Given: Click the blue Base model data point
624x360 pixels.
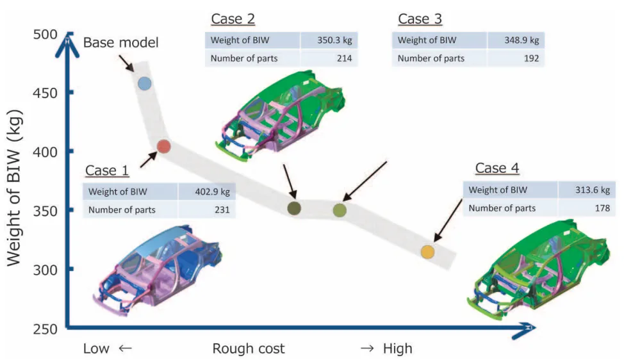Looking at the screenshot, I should (x=145, y=83).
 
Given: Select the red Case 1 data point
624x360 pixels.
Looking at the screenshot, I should (x=163, y=147).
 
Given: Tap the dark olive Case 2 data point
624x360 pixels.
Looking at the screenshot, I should (x=294, y=208).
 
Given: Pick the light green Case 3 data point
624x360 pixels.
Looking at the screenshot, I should (x=340, y=209).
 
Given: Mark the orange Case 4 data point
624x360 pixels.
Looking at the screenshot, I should (x=427, y=252).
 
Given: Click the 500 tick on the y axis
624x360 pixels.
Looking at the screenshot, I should (x=44, y=34).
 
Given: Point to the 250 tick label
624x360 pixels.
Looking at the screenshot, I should (x=44, y=329).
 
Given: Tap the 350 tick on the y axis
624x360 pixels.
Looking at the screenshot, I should (x=44, y=211).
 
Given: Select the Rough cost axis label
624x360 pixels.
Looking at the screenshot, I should (x=249, y=349).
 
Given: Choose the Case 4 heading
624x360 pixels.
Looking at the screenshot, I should (x=497, y=168).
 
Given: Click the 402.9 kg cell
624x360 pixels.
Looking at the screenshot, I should (x=212, y=191).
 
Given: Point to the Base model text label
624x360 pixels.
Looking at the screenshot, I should (x=120, y=44).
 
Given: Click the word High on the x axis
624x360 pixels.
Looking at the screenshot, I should (x=398, y=349).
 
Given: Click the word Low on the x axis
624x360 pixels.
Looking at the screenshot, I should (x=96, y=349).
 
